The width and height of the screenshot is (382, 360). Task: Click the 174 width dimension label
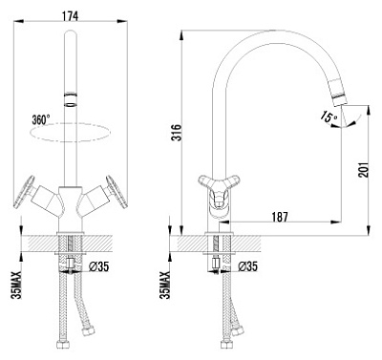71,16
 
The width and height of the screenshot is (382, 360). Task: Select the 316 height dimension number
176,132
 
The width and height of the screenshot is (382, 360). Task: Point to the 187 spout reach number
280,217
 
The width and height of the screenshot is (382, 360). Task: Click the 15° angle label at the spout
329,116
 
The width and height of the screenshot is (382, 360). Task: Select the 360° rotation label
41,120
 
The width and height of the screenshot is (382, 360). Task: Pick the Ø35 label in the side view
247,266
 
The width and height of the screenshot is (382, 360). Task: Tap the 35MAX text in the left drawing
16,285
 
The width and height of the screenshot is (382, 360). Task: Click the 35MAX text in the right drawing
165,285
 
